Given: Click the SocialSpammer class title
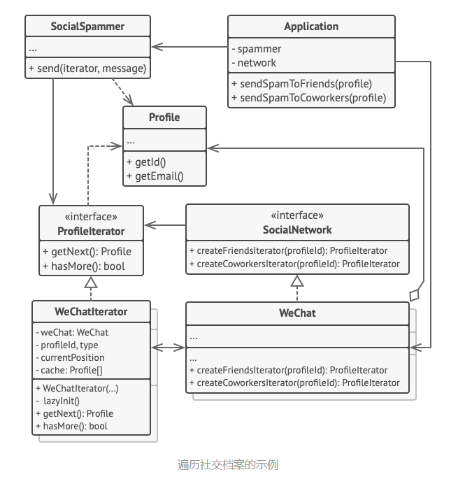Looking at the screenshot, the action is (x=87, y=26).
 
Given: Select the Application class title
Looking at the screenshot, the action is (x=311, y=26).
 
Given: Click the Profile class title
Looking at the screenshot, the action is (x=164, y=117).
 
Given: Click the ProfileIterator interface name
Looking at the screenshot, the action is (x=91, y=231).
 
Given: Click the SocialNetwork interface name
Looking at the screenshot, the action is (x=297, y=230).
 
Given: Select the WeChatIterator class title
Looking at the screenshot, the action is (x=91, y=312).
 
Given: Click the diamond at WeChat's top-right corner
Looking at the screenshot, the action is (x=415, y=295).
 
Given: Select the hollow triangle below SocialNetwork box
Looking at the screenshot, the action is (x=297, y=281).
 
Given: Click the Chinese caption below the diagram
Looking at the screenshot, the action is (x=228, y=465).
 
